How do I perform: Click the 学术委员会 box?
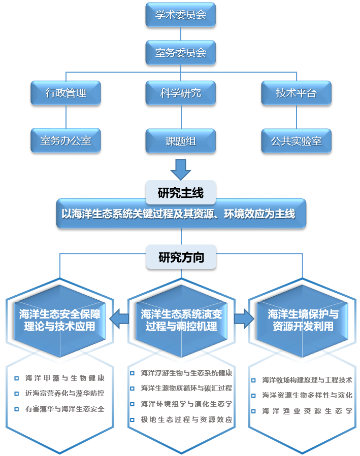[180, 15]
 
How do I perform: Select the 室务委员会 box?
[180, 52]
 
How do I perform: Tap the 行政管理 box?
[66, 93]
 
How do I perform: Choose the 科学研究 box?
[180, 93]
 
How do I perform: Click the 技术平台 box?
[296, 93]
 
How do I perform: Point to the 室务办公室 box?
[66, 141]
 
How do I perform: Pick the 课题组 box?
[180, 141]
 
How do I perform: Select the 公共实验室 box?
[296, 141]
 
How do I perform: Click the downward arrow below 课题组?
[180, 169]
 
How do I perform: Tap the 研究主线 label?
[180, 193]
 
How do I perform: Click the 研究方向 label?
[181, 257]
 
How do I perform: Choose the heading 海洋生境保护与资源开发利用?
[303, 320]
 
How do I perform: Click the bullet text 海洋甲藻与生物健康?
[64, 378]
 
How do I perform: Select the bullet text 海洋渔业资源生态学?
[307, 411]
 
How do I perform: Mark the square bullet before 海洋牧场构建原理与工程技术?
[254, 379]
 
